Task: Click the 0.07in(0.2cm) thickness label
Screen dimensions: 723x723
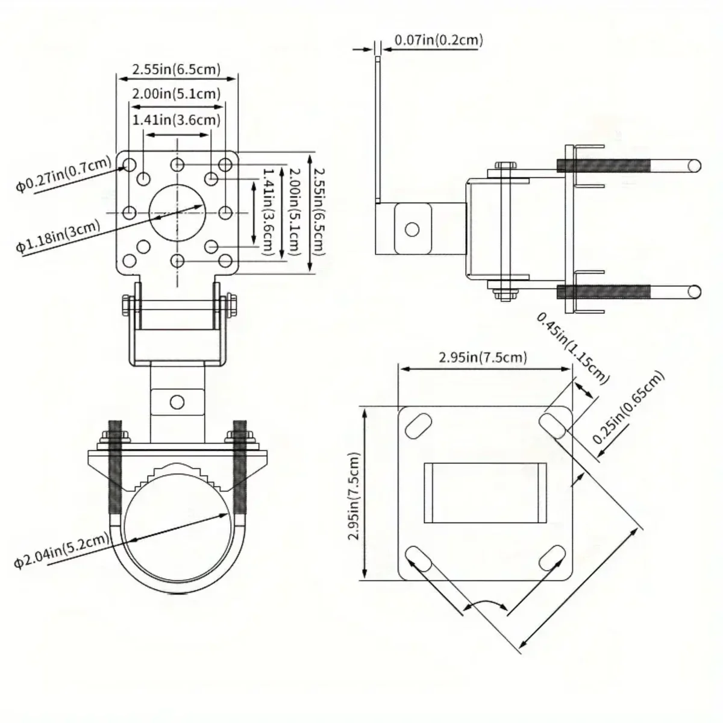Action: (x=439, y=41)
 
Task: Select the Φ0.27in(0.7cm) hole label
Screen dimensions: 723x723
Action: (x=63, y=174)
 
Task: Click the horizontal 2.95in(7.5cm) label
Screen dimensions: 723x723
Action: (x=483, y=357)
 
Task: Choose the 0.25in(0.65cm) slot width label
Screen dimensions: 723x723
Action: (x=628, y=407)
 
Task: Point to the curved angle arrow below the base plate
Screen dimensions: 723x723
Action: (x=486, y=604)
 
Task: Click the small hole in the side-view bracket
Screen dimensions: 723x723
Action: (x=412, y=229)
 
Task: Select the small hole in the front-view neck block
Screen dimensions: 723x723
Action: (x=177, y=401)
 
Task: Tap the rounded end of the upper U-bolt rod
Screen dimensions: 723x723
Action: (x=694, y=164)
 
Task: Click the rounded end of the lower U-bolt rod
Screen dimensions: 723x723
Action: (x=694, y=293)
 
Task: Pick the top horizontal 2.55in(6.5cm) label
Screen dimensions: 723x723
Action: (x=177, y=69)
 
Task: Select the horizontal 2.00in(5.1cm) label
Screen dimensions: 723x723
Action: (x=177, y=93)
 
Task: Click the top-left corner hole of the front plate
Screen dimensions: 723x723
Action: (x=129, y=164)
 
